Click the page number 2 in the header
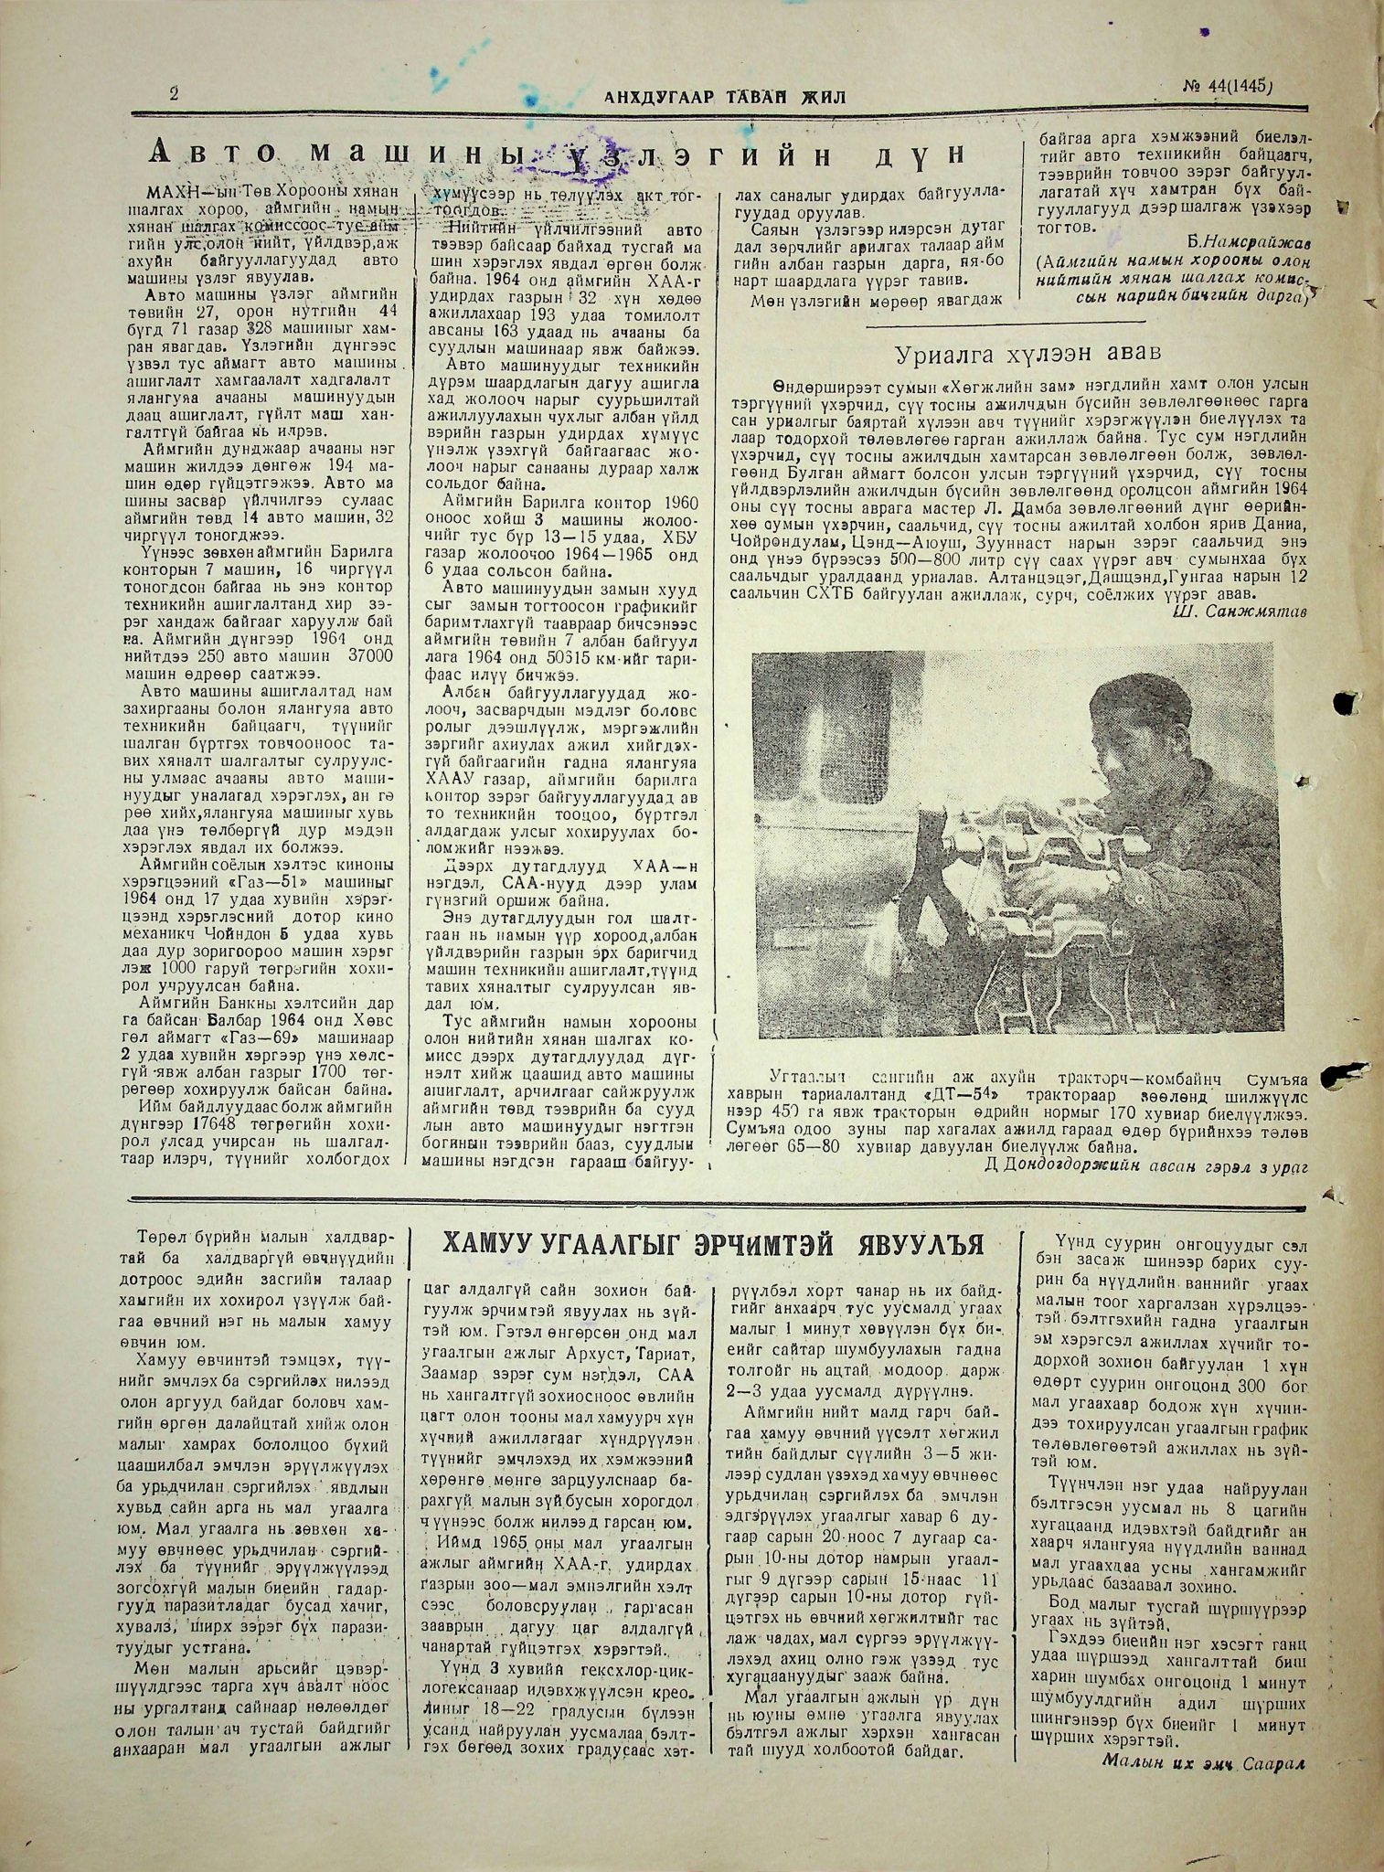tap(173, 94)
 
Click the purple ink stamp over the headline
tap(526, 163)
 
